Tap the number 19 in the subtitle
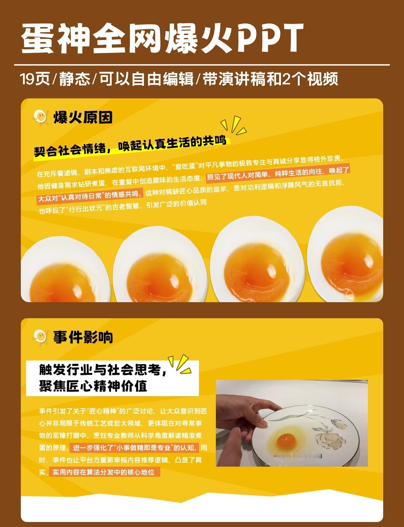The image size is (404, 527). click(x=27, y=79)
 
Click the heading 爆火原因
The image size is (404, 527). click(x=83, y=117)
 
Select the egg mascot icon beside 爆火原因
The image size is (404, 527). click(x=40, y=117)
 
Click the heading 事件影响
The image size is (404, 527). click(x=83, y=337)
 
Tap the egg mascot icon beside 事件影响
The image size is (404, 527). click(x=40, y=337)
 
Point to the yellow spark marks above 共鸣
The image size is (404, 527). click(x=234, y=125)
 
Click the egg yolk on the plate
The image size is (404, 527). click(x=286, y=440)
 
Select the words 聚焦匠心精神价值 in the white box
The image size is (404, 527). click(x=93, y=386)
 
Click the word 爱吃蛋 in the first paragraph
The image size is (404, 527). click(x=186, y=166)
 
